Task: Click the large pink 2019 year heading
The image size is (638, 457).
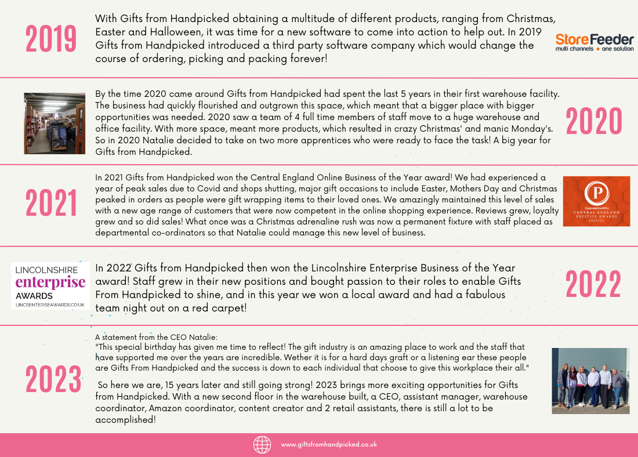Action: coord(51,39)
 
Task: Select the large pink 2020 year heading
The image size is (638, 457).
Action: coord(593,122)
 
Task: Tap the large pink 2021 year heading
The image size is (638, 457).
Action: coord(51,204)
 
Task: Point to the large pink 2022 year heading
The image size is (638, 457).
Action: coord(593,285)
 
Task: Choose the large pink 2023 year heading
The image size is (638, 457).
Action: coord(53,380)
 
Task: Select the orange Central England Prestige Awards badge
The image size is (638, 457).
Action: coord(596,201)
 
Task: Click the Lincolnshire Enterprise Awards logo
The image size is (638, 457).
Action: coord(50,285)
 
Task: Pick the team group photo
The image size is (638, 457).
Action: coord(590,380)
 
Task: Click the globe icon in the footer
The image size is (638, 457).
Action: coord(262,444)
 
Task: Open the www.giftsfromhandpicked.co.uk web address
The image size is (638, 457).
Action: coord(329,445)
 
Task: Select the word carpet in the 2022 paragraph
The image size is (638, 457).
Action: coord(227,308)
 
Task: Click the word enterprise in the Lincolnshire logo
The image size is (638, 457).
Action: coord(50,283)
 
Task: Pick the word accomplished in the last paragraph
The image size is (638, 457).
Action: coord(125,420)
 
